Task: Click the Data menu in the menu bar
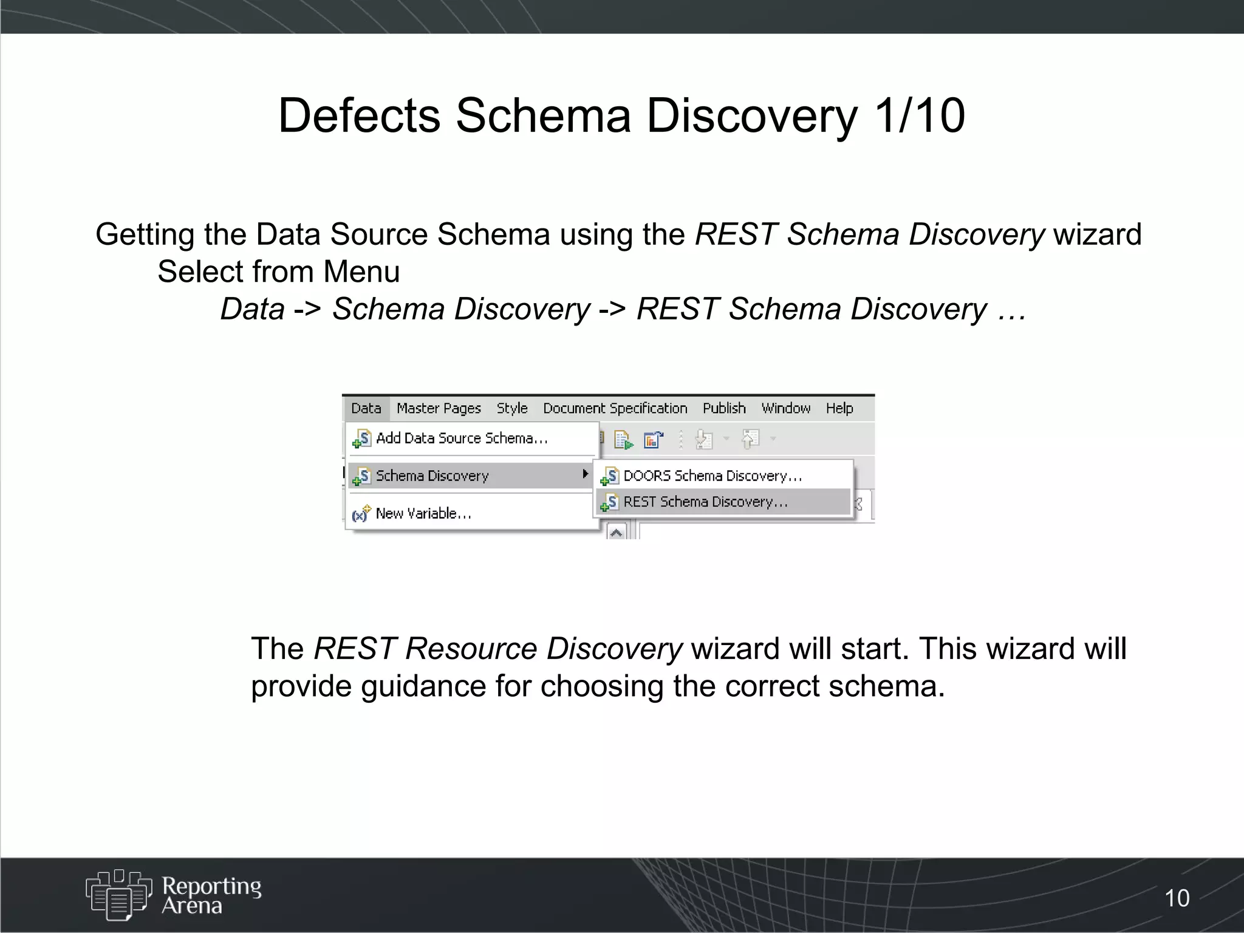pyautogui.click(x=366, y=408)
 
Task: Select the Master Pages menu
pyautogui.click(x=439, y=408)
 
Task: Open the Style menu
pyautogui.click(x=512, y=408)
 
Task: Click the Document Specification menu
pyautogui.click(x=615, y=408)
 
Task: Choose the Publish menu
pyautogui.click(x=724, y=408)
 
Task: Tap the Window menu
pyautogui.click(x=786, y=408)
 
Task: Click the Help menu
pyautogui.click(x=839, y=408)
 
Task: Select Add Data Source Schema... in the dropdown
pyautogui.click(x=462, y=438)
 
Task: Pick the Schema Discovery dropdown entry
pyautogui.click(x=432, y=476)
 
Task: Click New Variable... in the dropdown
pyautogui.click(x=423, y=513)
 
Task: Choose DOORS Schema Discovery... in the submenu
pyautogui.click(x=713, y=476)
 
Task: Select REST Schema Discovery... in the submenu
pyautogui.click(x=705, y=502)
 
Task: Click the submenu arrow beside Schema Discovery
pyautogui.click(x=585, y=474)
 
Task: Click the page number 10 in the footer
pyautogui.click(x=1177, y=898)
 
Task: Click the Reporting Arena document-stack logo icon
pyautogui.click(x=118, y=894)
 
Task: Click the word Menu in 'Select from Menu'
pyautogui.click(x=361, y=272)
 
